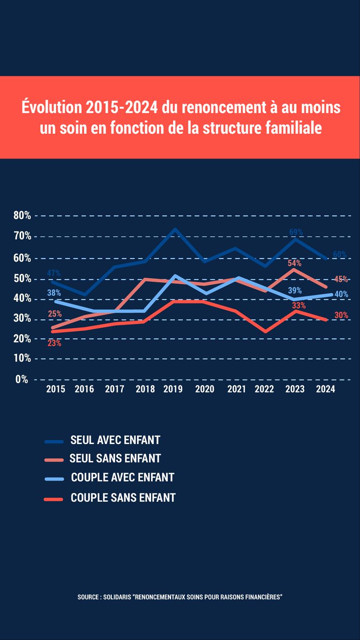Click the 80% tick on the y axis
click(22, 216)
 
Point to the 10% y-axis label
click(22, 359)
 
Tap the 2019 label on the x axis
click(173, 389)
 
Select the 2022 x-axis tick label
click(264, 389)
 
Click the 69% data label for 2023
click(296, 232)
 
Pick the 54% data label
click(295, 263)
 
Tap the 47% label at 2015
click(54, 273)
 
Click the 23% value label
click(54, 343)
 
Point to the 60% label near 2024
click(339, 255)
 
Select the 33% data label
click(299, 306)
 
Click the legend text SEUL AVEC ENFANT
click(115, 440)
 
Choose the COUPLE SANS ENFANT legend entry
click(123, 498)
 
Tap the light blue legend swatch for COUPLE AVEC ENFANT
click(54, 479)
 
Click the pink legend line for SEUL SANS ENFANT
click(54, 460)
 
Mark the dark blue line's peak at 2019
click(174, 229)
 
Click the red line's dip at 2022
click(265, 331)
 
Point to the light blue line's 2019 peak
click(174, 276)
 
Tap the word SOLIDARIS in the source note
click(116, 597)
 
